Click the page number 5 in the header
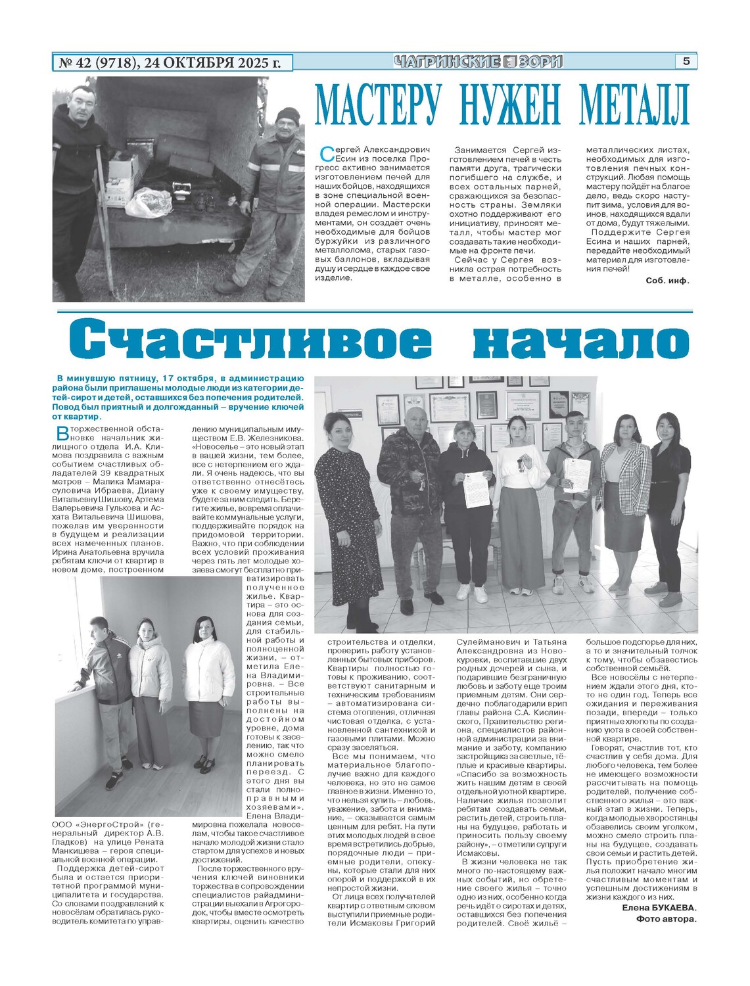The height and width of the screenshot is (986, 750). pos(686,61)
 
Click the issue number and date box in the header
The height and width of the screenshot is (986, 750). pos(172,62)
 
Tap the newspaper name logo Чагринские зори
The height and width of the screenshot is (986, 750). pos(479,62)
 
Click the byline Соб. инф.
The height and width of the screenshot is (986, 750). pos(667,280)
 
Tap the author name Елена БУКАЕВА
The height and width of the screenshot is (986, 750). pos(659,908)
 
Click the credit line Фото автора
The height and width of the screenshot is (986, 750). pos(666,918)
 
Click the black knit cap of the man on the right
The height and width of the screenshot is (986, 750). pos(288,117)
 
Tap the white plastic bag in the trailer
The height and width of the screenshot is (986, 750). pos(149,202)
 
